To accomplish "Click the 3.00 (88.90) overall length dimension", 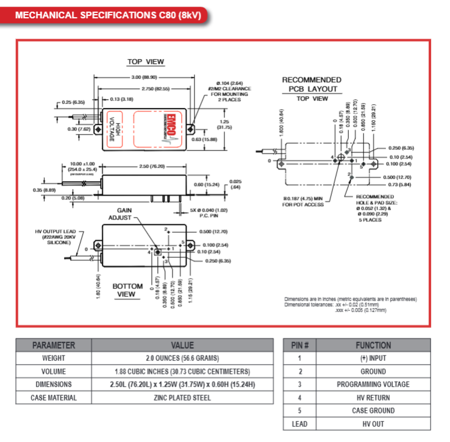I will click(x=145, y=77).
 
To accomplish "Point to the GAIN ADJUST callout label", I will click(x=124, y=213).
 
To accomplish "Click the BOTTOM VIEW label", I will click(x=127, y=290).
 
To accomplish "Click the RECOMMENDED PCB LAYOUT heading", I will click(x=311, y=84).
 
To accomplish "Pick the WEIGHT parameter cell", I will click(x=54, y=358).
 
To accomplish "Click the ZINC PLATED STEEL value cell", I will click(x=182, y=398).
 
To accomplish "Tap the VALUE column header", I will click(x=182, y=345).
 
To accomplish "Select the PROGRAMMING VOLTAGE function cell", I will click(x=373, y=385).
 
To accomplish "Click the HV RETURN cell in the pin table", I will click(x=373, y=398).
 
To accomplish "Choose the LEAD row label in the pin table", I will click(x=299, y=424).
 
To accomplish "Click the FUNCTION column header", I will click(x=373, y=345).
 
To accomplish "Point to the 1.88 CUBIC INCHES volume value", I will click(x=182, y=371).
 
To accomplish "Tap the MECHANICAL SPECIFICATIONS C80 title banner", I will click(x=107, y=15).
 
